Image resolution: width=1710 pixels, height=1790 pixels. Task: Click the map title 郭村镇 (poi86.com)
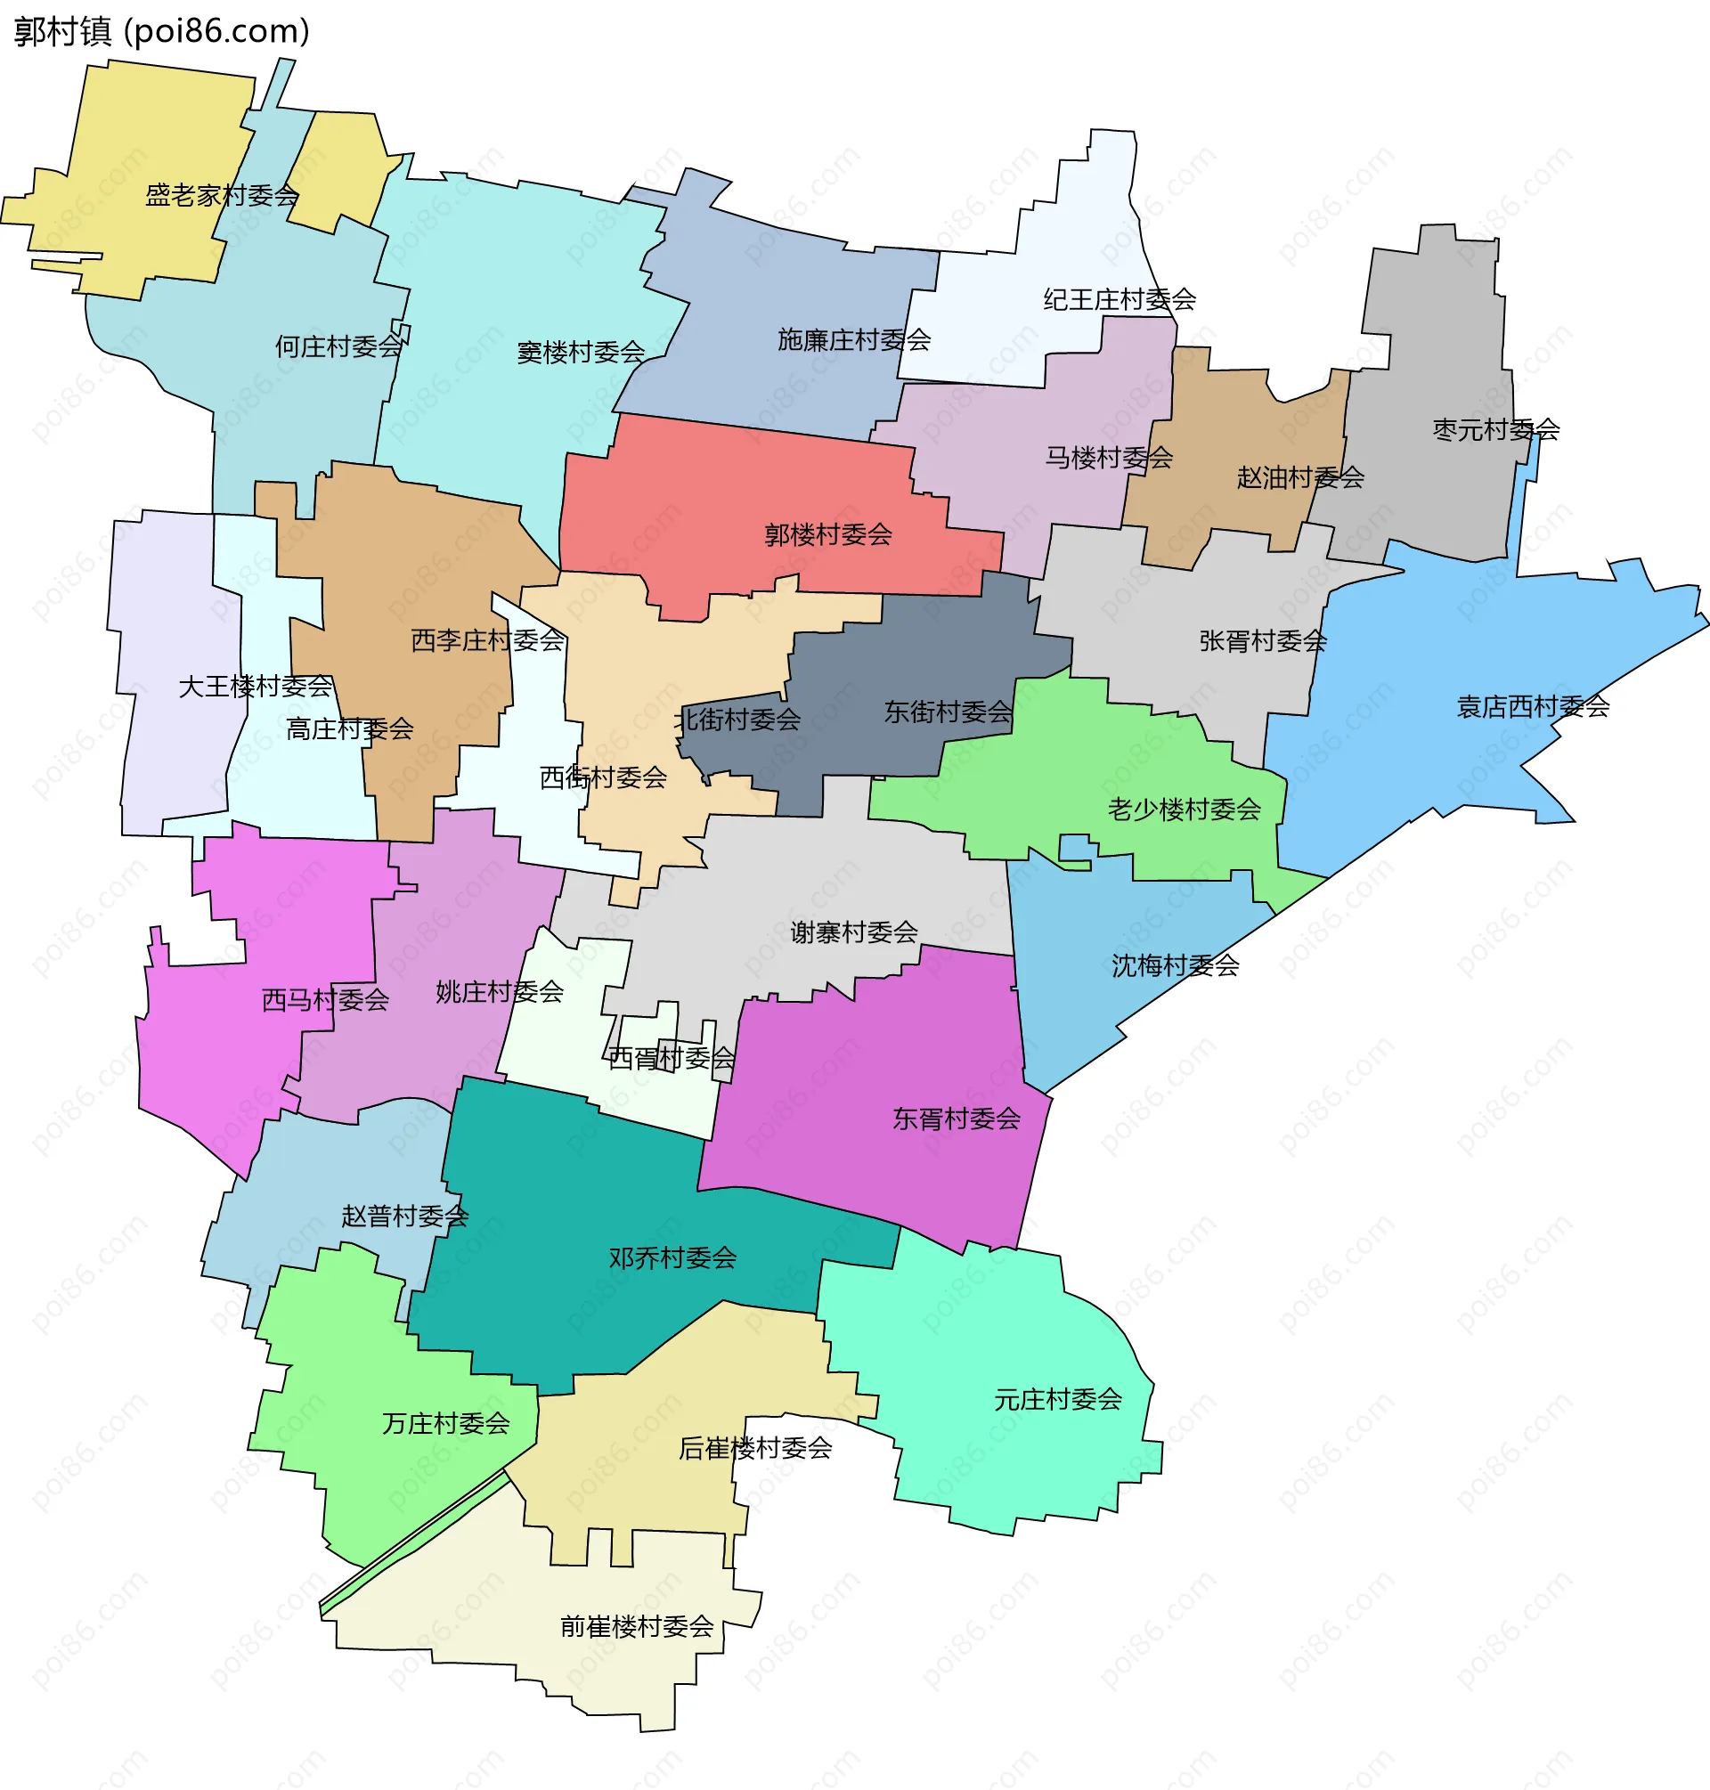(x=162, y=32)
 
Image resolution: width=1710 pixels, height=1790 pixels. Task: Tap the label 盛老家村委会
(x=223, y=196)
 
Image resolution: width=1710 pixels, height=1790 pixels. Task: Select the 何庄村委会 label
(x=339, y=347)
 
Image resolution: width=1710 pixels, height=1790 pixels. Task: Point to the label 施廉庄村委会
(x=854, y=341)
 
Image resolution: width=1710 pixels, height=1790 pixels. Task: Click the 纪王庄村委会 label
(x=1120, y=300)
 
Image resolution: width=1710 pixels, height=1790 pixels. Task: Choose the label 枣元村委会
(x=1495, y=430)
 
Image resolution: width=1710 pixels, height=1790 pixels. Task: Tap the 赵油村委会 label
(x=1299, y=477)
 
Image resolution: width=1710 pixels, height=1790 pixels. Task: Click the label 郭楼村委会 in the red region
(x=827, y=535)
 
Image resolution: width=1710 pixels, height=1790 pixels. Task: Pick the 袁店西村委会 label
(x=1533, y=707)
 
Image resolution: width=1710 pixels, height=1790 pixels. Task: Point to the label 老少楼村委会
(x=1184, y=810)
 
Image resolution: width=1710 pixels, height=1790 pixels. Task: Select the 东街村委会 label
(x=948, y=712)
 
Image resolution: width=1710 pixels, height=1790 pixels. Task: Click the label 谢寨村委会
(x=854, y=932)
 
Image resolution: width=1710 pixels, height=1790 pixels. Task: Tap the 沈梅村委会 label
(x=1175, y=966)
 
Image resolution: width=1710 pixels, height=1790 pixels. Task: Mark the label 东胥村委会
(x=957, y=1119)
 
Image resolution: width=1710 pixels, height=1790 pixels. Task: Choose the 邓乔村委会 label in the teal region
(x=672, y=1258)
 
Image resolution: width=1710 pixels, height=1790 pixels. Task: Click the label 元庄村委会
(x=1057, y=1400)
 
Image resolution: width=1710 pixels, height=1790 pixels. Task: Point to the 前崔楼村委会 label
(x=636, y=1627)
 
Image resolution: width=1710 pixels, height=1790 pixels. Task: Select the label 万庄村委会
(x=445, y=1424)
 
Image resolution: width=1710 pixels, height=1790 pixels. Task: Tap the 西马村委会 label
(x=325, y=1001)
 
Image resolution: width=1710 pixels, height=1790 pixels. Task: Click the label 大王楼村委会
(x=256, y=688)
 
